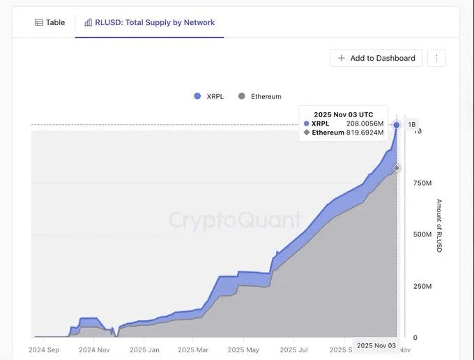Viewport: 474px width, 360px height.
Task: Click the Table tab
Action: point(50,22)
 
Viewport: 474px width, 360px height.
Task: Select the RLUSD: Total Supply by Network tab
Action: point(149,22)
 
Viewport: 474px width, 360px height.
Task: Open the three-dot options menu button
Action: point(436,58)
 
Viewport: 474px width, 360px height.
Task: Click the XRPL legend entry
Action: point(209,96)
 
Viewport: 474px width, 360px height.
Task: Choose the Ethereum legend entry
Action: point(260,96)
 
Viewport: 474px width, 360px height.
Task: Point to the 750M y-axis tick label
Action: point(422,183)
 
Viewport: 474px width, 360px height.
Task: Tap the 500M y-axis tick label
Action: point(422,234)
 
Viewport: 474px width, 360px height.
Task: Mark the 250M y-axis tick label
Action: point(422,286)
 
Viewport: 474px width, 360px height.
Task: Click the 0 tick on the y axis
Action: point(415,338)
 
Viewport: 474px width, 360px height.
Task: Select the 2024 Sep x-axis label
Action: point(44,350)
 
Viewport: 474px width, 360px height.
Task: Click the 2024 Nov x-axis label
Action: point(94,350)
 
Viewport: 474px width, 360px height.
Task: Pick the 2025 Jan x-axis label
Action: point(144,350)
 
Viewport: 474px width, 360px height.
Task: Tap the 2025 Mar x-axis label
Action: point(193,350)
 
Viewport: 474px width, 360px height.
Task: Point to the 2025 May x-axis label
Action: point(243,350)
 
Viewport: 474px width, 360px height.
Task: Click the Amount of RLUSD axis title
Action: point(439,225)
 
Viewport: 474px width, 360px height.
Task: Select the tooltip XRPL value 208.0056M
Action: point(365,123)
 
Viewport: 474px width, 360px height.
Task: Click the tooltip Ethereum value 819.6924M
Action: point(365,133)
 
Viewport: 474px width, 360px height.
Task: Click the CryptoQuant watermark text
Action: point(235,220)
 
